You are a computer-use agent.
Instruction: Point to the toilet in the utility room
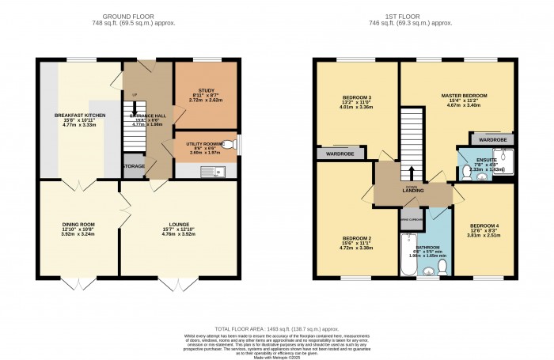tap(229, 145)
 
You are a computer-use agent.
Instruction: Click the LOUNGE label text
tap(178, 224)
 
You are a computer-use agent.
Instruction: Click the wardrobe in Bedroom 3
tap(341, 153)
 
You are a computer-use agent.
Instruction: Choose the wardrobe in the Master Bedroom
tap(492, 140)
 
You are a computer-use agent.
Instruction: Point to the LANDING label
tap(412, 191)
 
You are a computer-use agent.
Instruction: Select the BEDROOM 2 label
tap(357, 238)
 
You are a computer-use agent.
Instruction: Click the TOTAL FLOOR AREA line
tap(276, 328)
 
